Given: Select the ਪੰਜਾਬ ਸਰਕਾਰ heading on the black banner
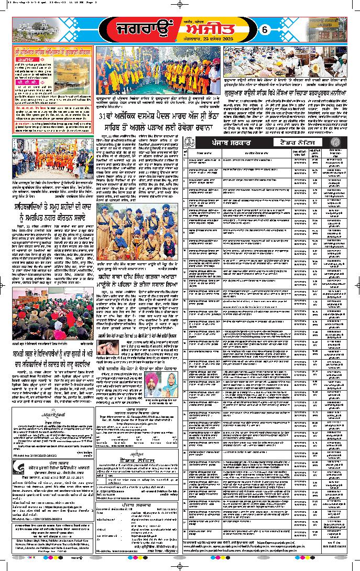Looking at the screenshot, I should tap(227, 142).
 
